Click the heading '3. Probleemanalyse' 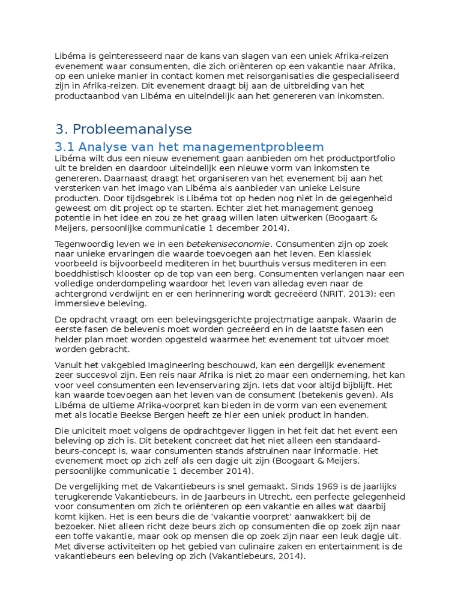[123, 129]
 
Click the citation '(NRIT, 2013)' [337, 293]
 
